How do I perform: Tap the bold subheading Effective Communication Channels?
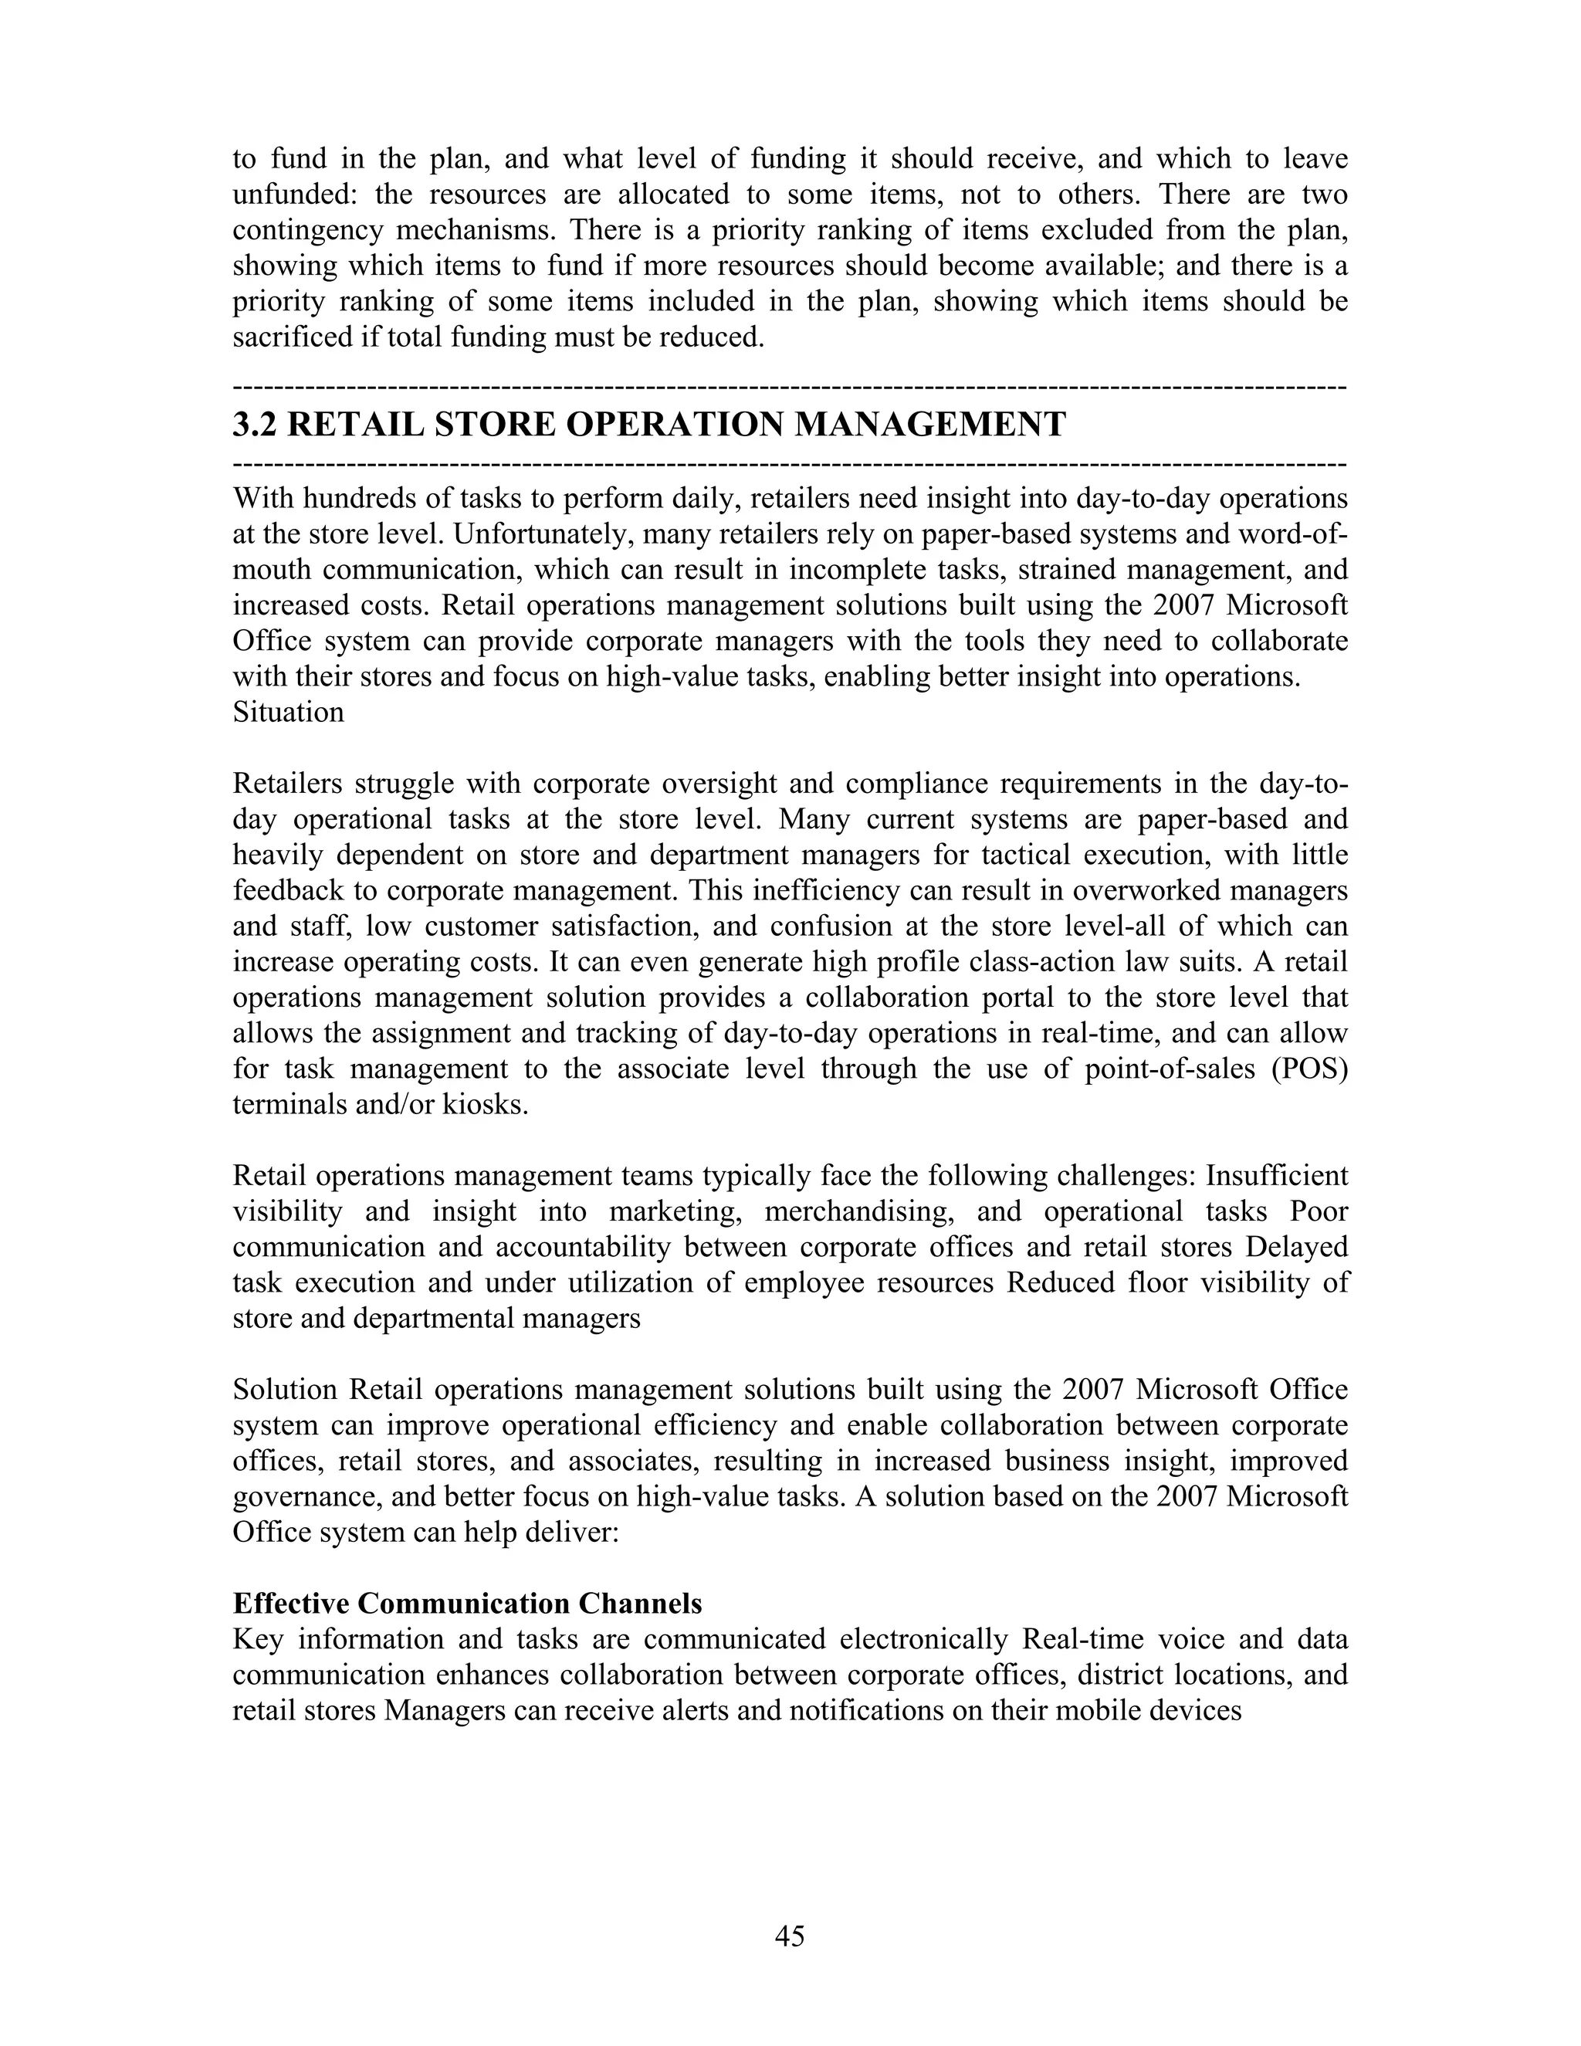click(466, 1603)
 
